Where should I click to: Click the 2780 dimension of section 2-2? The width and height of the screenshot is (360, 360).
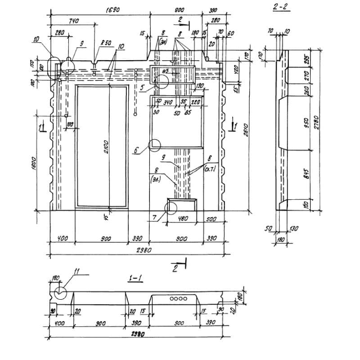tap(316, 121)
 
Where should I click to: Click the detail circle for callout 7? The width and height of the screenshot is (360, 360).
tap(171, 208)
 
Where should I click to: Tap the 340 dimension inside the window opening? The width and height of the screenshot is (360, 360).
tap(168, 103)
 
